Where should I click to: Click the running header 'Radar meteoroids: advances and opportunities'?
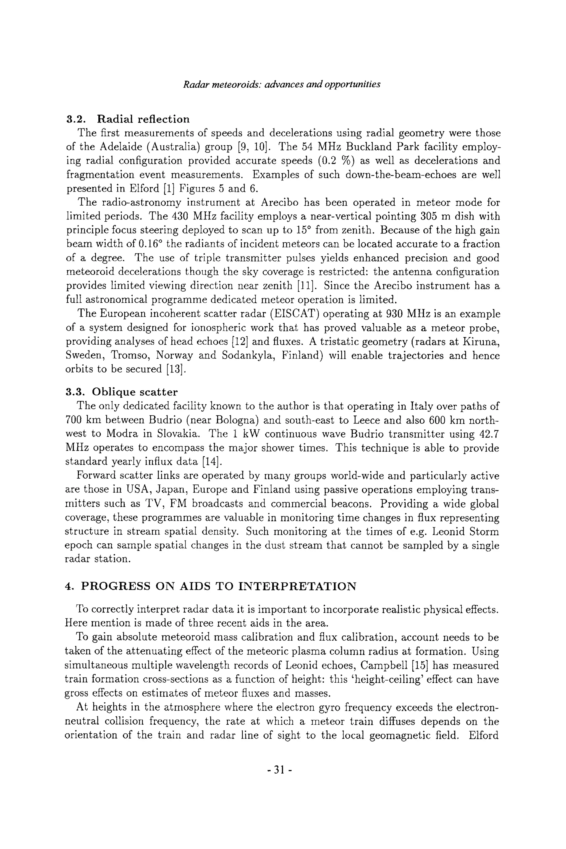pyautogui.click(x=282, y=85)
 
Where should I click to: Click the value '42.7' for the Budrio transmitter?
pyautogui.click(x=489, y=434)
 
